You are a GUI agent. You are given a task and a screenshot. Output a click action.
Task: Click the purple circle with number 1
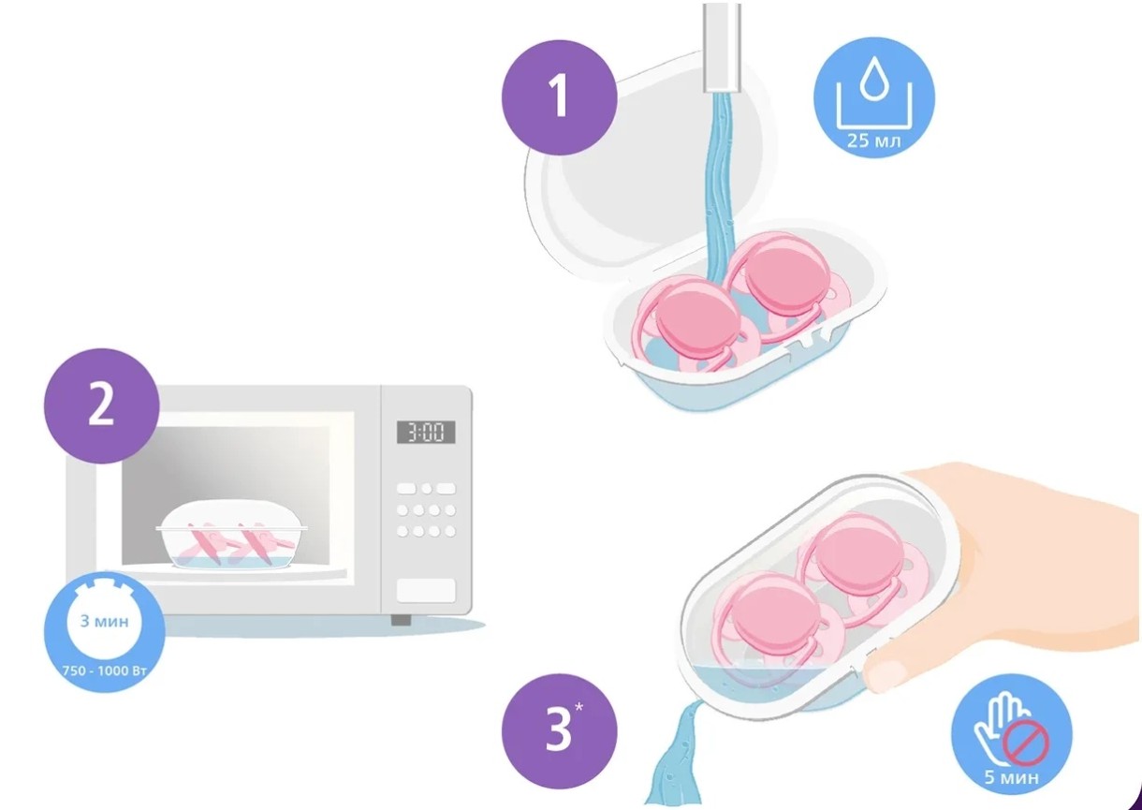559,98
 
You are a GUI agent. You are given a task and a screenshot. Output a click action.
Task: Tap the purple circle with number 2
101,406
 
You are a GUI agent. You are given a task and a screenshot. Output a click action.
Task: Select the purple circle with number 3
559,731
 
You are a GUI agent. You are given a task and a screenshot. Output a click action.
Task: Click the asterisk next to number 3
578,706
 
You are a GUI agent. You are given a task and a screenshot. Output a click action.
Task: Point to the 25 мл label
874,140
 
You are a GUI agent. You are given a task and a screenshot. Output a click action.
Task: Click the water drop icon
874,78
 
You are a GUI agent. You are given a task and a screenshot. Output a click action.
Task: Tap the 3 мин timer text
105,621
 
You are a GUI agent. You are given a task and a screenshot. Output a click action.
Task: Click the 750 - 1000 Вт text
105,670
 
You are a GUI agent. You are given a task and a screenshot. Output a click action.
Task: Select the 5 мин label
1012,777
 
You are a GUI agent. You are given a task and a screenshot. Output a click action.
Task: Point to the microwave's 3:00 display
426,433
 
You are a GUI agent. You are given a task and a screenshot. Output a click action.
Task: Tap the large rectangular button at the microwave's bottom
426,590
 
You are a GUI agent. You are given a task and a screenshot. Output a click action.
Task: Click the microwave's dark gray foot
401,620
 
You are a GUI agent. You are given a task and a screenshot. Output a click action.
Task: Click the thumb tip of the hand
886,675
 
